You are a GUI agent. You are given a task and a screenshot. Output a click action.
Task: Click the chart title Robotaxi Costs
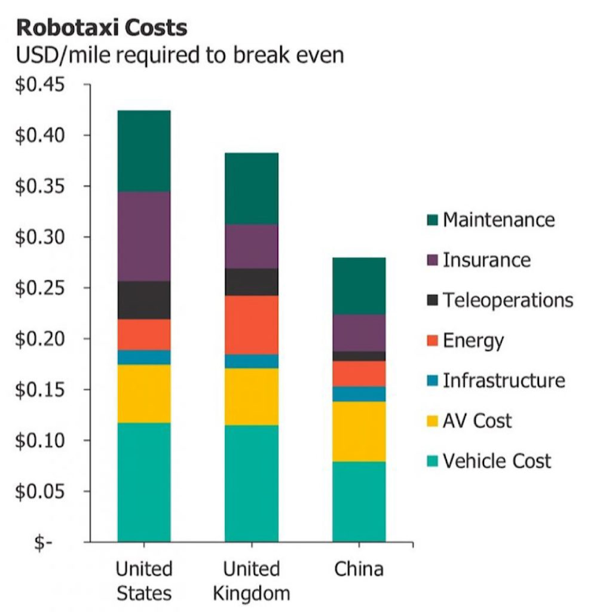click(101, 27)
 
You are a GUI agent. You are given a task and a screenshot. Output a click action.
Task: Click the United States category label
click(144, 580)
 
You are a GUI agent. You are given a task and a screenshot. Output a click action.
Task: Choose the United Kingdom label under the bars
click(252, 580)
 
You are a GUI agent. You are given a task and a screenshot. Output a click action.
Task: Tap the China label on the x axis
click(359, 568)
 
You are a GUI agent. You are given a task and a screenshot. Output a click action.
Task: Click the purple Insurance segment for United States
click(144, 236)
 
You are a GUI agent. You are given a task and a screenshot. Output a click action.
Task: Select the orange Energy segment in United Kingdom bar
click(252, 325)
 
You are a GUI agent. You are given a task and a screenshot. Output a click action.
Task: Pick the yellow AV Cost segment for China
click(359, 432)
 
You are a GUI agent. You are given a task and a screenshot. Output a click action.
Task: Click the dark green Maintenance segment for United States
click(144, 151)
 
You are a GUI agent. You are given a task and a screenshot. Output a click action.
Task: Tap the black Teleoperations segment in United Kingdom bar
click(252, 281)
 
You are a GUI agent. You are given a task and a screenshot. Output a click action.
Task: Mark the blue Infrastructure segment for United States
click(144, 357)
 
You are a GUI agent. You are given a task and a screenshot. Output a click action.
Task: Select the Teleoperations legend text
click(507, 299)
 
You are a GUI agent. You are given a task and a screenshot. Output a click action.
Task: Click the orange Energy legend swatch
click(433, 341)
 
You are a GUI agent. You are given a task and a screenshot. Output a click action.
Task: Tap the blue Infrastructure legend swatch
click(433, 381)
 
